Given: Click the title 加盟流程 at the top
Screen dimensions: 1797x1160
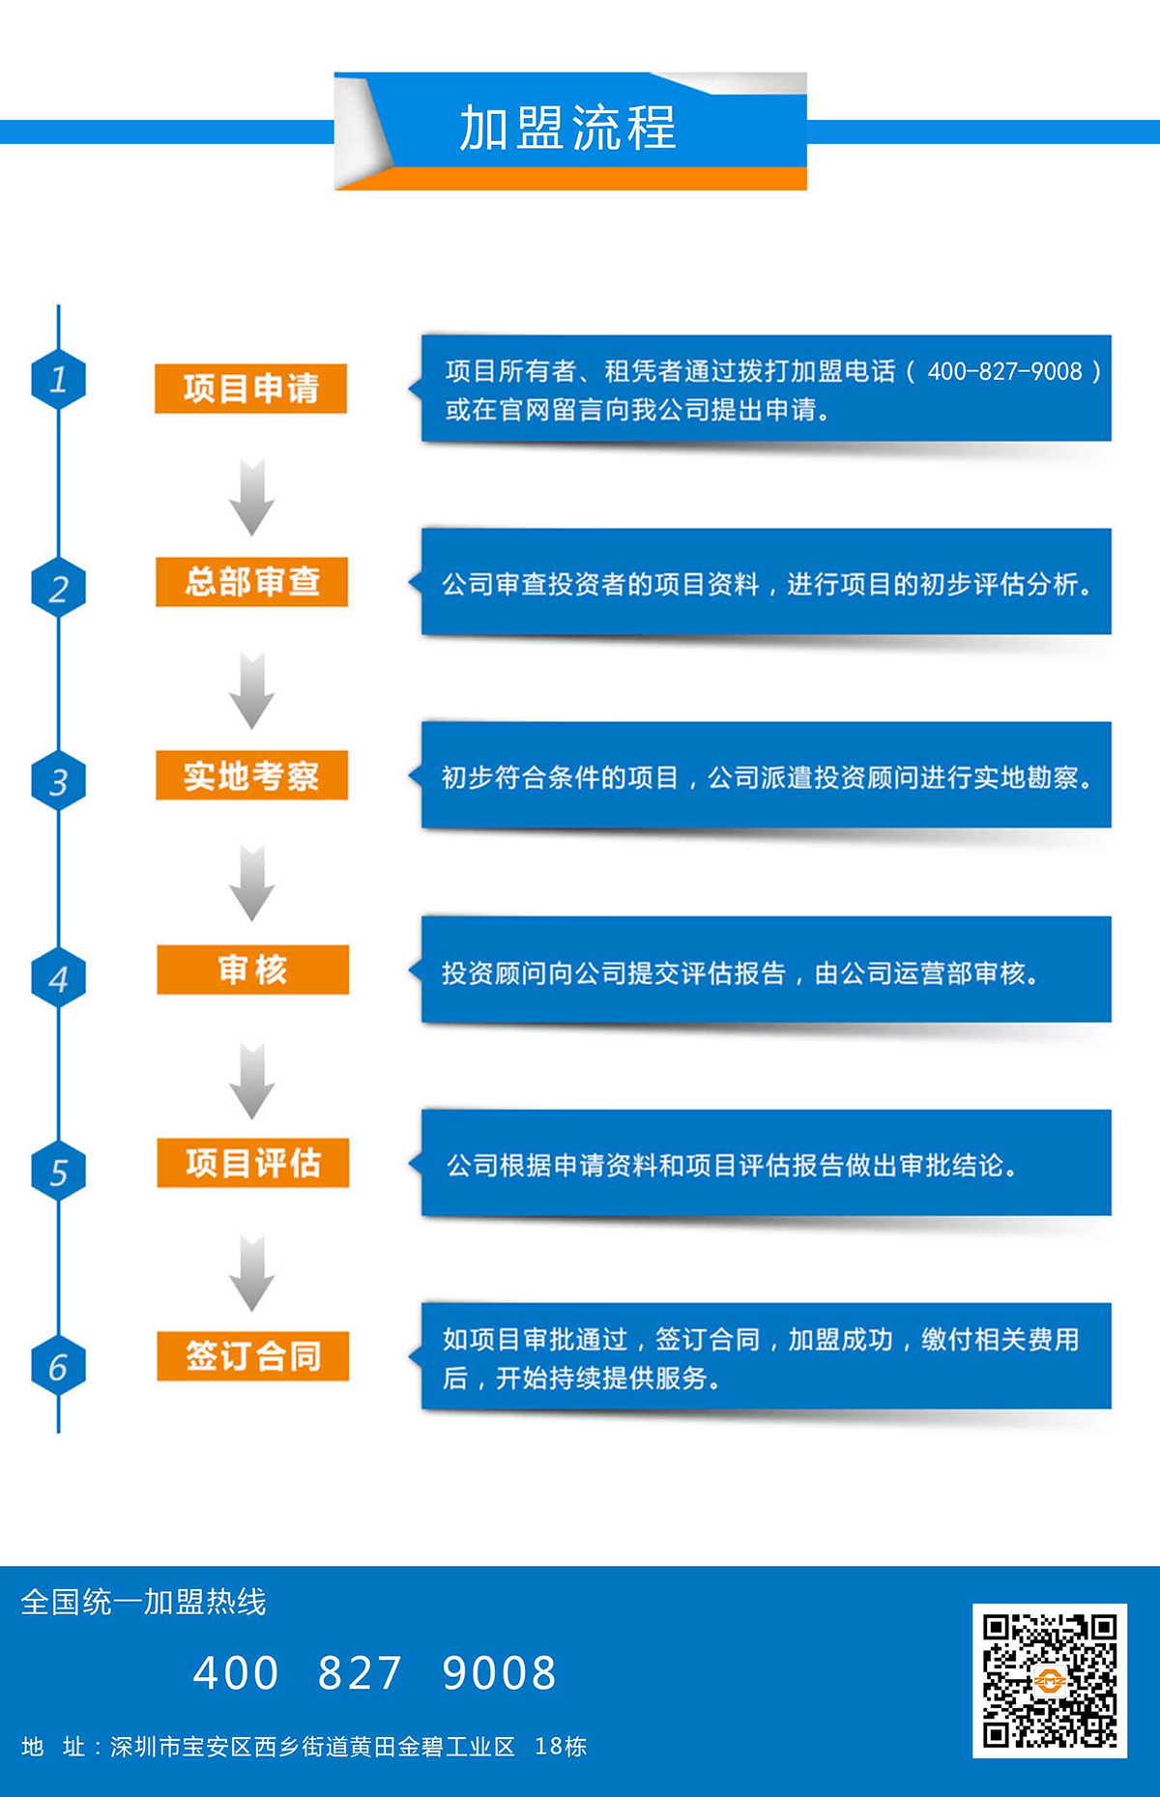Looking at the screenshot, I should point(567,129).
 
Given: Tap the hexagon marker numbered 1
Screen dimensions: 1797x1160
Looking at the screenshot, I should point(58,380).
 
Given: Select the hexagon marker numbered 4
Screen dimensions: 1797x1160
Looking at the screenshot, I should point(58,978).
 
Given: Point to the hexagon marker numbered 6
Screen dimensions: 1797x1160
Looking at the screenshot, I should point(58,1366).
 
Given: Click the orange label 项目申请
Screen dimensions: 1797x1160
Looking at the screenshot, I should point(250,389).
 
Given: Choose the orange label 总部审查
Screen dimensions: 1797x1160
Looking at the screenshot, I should point(251,582).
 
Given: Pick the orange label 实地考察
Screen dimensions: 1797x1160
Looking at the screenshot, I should point(251,775).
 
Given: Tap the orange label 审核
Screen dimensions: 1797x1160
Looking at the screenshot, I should point(252,970).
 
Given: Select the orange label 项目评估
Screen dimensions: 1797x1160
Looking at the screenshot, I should point(252,1163).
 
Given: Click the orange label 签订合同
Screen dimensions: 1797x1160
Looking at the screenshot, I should point(252,1356).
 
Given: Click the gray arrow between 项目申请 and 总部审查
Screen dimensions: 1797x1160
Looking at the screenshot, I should point(251,499).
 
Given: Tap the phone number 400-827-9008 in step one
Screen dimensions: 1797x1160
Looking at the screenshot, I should point(1004,371).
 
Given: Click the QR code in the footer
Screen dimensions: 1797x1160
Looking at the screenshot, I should point(1049,1680).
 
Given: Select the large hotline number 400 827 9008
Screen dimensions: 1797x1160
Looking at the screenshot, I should point(375,1673).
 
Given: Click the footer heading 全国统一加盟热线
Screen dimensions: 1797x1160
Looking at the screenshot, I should point(143,1602).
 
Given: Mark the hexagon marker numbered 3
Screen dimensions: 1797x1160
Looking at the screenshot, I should point(58,781).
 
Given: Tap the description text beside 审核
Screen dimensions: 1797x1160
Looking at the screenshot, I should point(739,972).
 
